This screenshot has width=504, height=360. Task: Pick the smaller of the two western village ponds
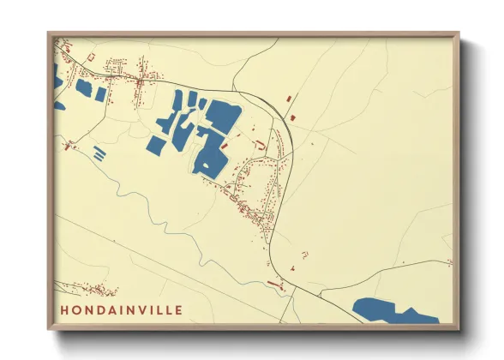click(100, 93)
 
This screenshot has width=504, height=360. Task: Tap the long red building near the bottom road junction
click(275, 281)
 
